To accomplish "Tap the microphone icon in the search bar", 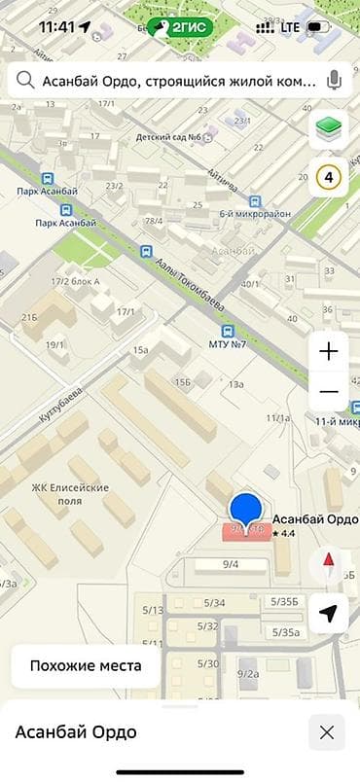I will pyautogui.click(x=336, y=81).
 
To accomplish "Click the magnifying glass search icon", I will pyautogui.click(x=25, y=82).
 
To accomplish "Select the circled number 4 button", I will pyautogui.click(x=328, y=178).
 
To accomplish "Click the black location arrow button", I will pyautogui.click(x=329, y=613).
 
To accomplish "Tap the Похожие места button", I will pyautogui.click(x=86, y=666).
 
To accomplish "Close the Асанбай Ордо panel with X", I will pyautogui.click(x=327, y=732).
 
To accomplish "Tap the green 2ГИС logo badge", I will pyautogui.click(x=180, y=28).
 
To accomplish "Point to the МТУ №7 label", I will pyautogui.click(x=227, y=343).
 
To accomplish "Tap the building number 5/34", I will pyautogui.click(x=215, y=603).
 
